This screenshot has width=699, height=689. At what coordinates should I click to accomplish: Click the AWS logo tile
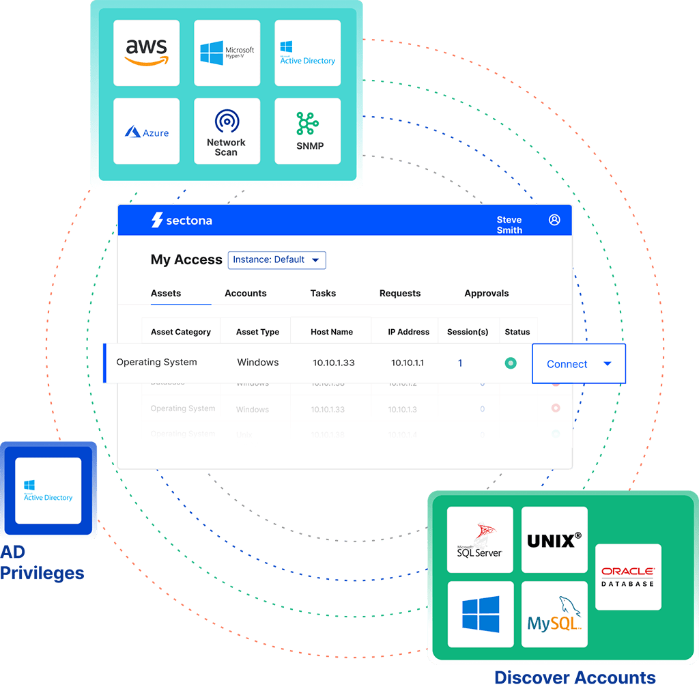click(146, 53)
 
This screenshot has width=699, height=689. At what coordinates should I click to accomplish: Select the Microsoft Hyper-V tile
click(227, 53)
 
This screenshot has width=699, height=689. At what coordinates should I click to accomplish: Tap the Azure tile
click(146, 131)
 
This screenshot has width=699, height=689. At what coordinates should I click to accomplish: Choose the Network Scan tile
click(227, 131)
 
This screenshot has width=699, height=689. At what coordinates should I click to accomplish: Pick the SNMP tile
click(307, 131)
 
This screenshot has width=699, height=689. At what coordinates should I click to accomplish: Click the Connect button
click(578, 364)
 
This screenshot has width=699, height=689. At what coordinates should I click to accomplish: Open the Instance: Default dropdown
click(276, 260)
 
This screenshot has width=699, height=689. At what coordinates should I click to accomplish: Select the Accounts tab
click(245, 294)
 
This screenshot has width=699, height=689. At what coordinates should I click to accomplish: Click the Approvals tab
click(486, 294)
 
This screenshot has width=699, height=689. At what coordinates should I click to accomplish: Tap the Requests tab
click(399, 294)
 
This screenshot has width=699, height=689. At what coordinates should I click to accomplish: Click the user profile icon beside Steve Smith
click(554, 220)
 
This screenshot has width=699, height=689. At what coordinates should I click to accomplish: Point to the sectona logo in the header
click(182, 221)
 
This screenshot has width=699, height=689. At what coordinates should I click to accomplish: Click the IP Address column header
click(408, 332)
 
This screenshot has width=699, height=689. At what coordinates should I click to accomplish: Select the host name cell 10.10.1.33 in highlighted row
click(334, 363)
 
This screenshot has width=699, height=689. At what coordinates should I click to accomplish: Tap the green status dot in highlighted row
click(510, 363)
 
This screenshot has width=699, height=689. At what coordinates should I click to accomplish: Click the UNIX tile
click(554, 539)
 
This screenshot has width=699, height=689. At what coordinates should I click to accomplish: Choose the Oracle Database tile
click(628, 576)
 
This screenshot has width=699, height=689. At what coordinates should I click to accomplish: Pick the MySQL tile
click(554, 614)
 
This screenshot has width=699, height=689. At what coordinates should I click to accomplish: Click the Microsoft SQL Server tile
click(479, 539)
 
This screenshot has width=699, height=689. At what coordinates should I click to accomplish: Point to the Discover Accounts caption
click(575, 678)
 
